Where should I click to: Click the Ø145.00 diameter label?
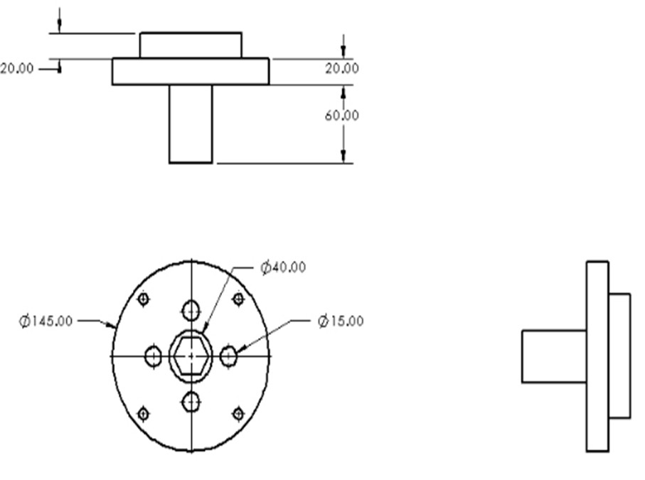(46, 321)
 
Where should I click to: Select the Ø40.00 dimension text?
(283, 267)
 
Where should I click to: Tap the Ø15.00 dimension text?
(341, 321)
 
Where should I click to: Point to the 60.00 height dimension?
(342, 115)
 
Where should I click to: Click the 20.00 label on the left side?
(17, 69)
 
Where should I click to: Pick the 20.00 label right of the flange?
(342, 68)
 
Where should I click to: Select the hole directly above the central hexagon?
(191, 310)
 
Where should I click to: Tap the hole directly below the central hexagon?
(191, 402)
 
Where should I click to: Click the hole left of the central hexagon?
(154, 356)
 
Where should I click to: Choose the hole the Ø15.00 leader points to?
(228, 356)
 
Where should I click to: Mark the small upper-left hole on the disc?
(143, 299)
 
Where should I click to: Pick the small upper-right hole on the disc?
(238, 298)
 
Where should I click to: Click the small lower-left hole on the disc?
(143, 413)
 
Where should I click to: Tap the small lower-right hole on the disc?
(238, 413)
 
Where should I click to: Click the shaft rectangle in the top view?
(191, 124)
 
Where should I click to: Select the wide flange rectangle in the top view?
(191, 72)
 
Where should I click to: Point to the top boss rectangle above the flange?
(191, 45)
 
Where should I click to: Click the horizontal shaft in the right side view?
(553, 356)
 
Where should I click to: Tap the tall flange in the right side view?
(597, 356)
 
